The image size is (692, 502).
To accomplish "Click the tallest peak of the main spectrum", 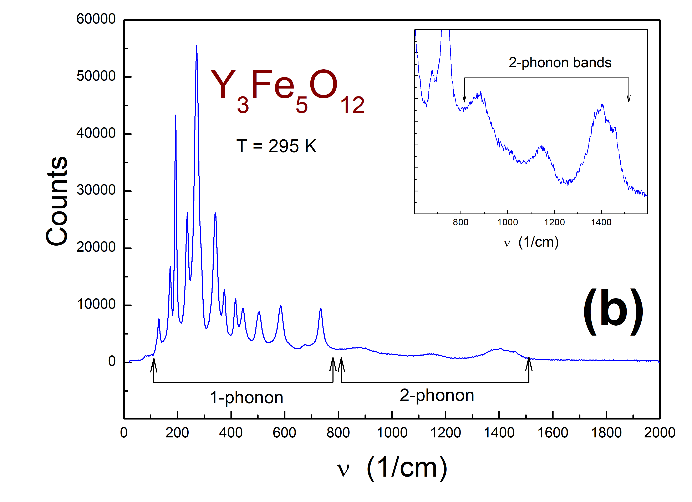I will [x=197, y=46].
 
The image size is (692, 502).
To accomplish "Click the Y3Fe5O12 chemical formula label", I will [x=287, y=90].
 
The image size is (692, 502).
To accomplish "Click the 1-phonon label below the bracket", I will [x=246, y=398].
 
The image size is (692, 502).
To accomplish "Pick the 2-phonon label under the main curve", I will [x=437, y=395].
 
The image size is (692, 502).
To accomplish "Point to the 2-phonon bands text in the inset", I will [x=560, y=63].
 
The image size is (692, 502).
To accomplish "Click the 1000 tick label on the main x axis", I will [x=392, y=433].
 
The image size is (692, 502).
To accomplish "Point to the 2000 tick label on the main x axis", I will [x=659, y=433].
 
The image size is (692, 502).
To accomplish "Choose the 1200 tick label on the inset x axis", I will [x=554, y=222].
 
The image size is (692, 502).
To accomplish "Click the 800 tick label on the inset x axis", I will [x=461, y=222].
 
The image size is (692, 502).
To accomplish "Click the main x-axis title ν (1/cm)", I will [x=392, y=468].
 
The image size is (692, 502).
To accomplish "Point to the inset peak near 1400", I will [x=602, y=105].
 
